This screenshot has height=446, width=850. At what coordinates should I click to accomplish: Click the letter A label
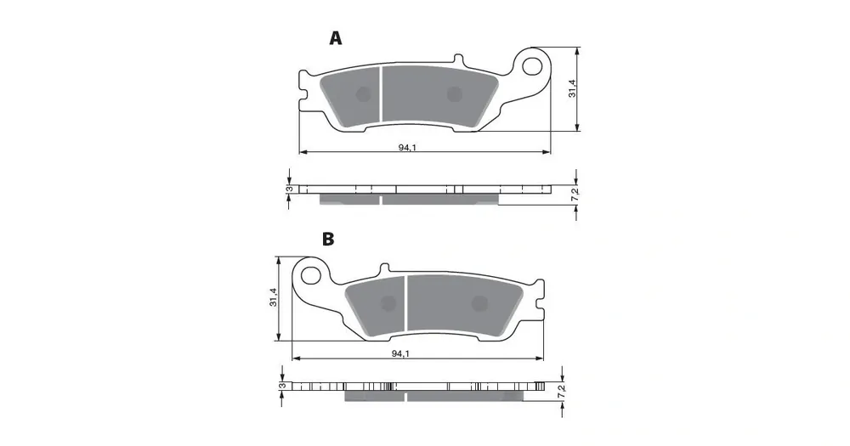(336, 38)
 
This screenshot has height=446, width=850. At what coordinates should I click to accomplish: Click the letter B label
(328, 239)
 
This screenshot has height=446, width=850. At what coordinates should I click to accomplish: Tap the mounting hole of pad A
(533, 65)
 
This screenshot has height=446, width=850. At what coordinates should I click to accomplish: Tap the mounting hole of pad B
(309, 274)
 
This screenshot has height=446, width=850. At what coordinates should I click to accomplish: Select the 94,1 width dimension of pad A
(407, 148)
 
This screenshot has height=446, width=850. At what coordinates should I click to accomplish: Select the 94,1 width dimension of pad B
(400, 354)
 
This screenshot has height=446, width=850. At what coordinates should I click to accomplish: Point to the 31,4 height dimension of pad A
(572, 88)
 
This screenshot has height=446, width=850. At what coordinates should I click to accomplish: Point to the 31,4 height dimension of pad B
(273, 297)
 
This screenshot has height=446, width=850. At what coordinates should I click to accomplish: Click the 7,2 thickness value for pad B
(562, 392)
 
